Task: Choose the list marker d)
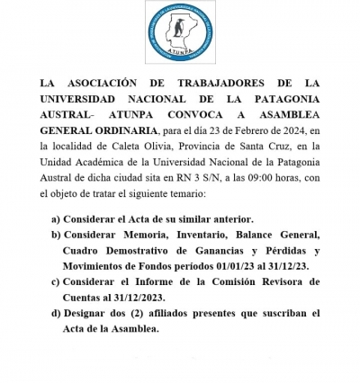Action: [x=57, y=314]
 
